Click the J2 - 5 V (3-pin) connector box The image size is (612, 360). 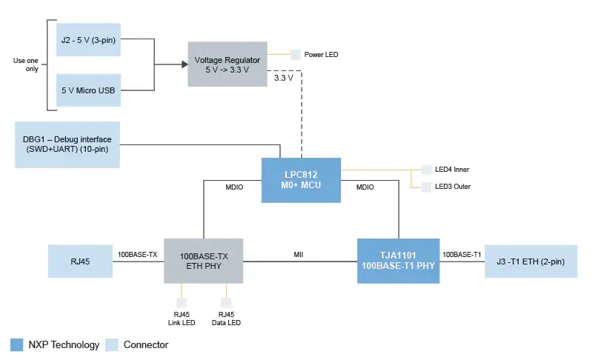(87, 40)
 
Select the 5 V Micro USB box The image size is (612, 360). (87, 90)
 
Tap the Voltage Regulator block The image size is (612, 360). (227, 64)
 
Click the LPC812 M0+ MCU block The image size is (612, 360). (301, 180)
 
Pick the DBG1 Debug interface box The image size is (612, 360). (67, 144)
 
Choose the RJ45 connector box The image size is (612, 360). (80, 261)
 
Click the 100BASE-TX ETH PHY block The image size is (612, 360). (203, 261)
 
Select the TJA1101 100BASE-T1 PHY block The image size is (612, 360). (398, 261)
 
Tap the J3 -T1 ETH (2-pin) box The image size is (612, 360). (530, 261)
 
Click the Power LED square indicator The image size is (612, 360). (296, 55)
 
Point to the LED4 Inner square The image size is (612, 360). (426, 170)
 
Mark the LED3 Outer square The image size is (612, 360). (426, 186)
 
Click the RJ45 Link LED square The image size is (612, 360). (181, 303)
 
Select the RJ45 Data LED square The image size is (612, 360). (225, 303)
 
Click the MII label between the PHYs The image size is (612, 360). (299, 255)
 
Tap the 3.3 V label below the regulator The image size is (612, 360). (283, 77)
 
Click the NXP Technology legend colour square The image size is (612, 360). (16, 344)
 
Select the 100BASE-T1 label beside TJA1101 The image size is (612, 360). (462, 255)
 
